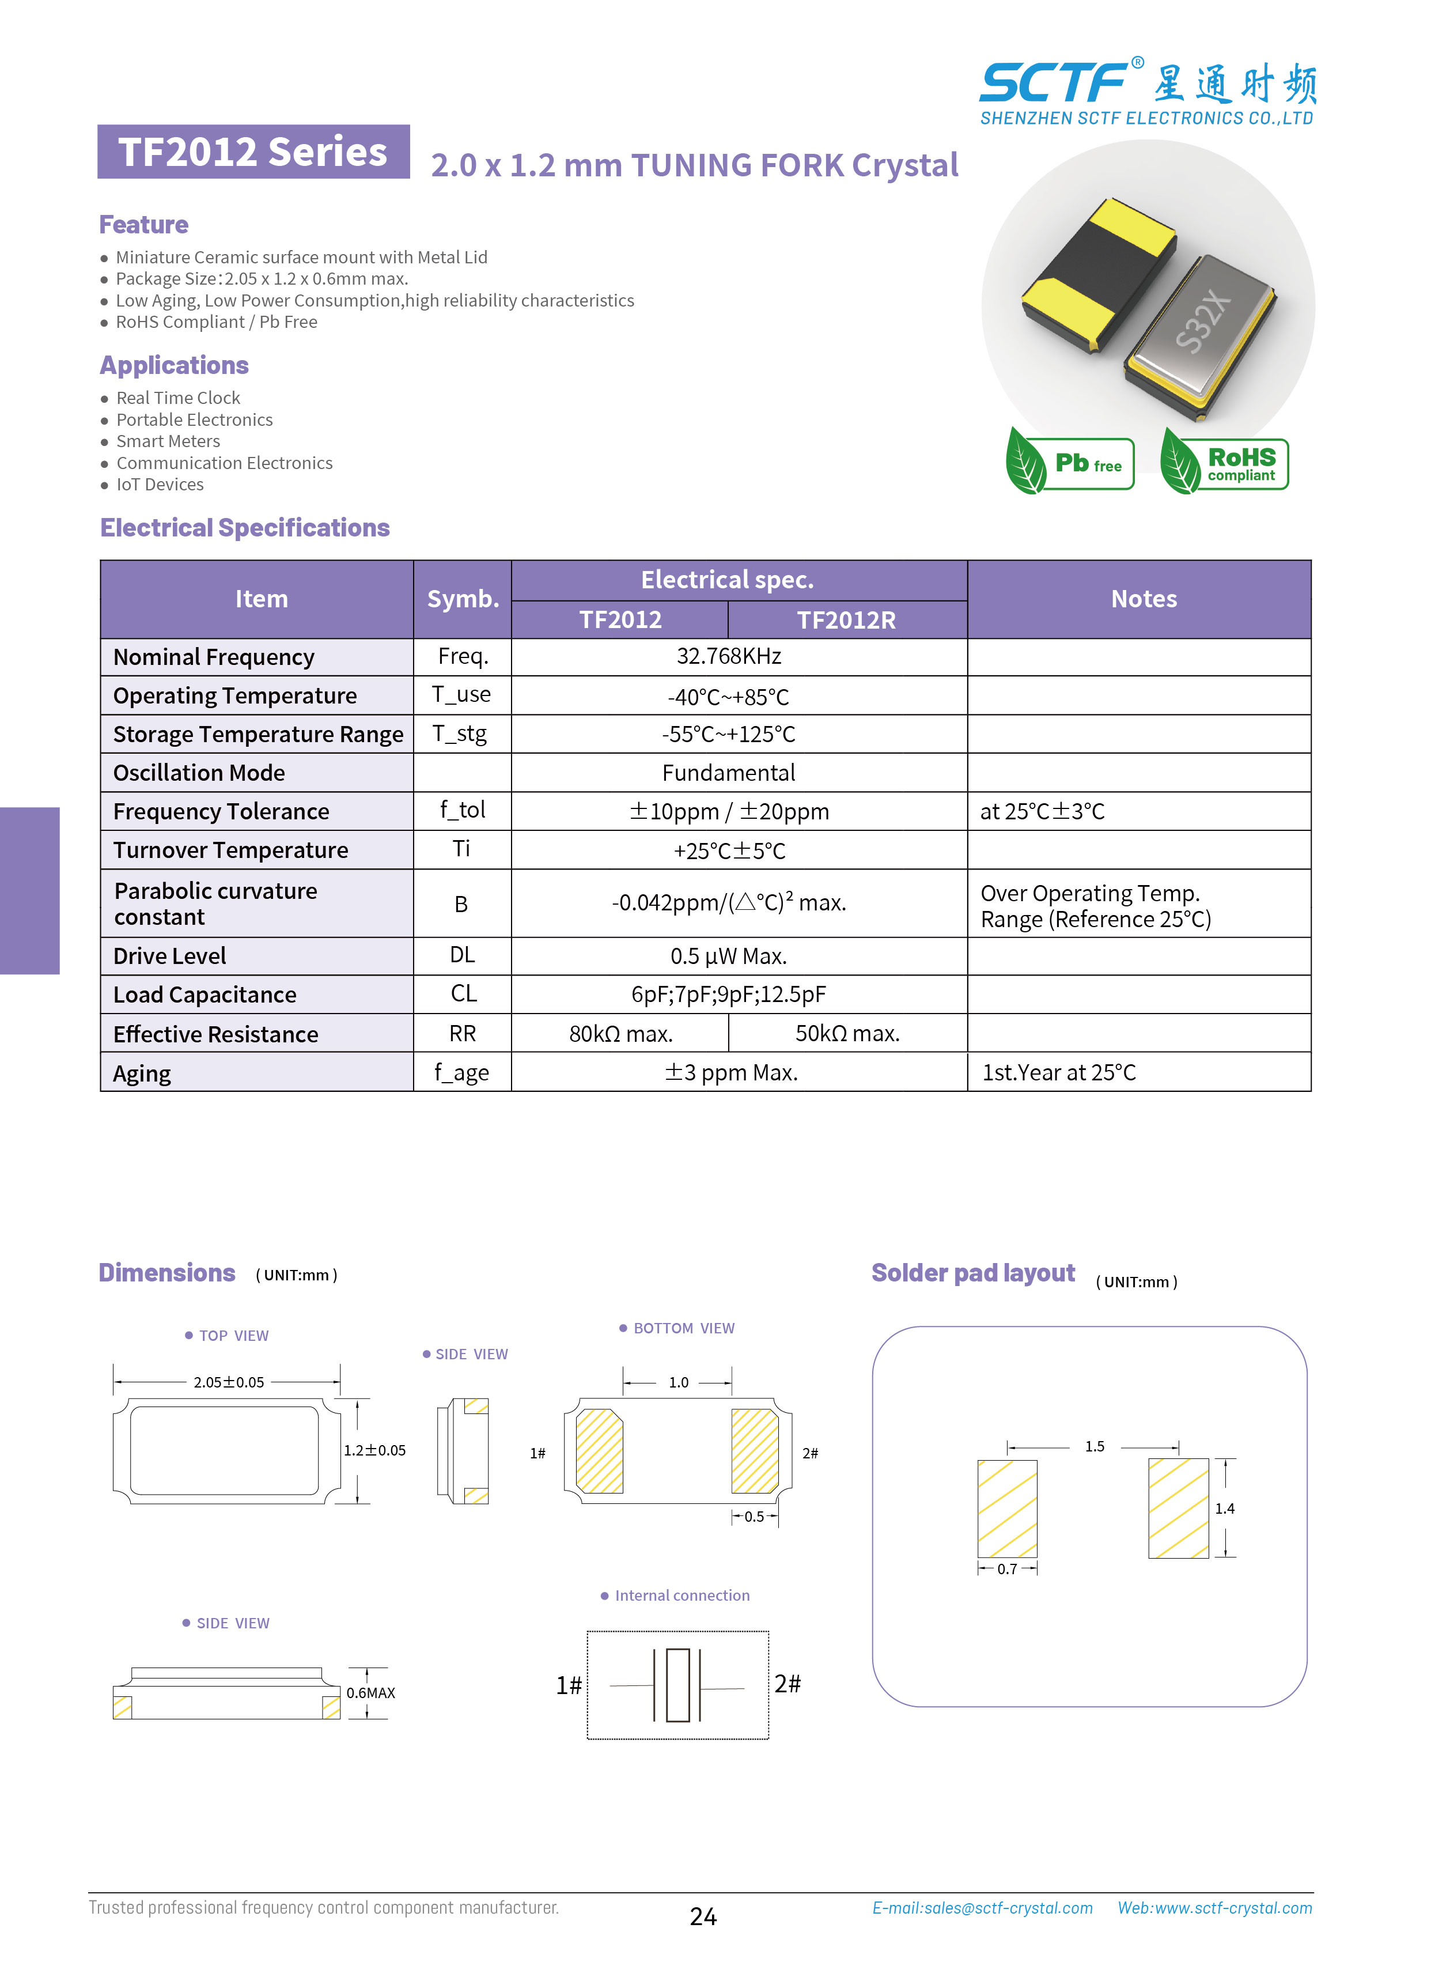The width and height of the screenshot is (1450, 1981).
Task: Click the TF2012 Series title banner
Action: click(x=253, y=152)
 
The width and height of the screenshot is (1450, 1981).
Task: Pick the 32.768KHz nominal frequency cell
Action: click(x=729, y=656)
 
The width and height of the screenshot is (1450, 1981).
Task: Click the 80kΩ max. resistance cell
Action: click(x=620, y=1034)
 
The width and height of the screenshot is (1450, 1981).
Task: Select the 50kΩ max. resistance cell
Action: click(x=847, y=1034)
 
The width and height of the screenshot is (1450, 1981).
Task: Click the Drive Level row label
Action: click(x=169, y=956)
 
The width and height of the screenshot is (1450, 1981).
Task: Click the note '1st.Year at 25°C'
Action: click(x=1058, y=1072)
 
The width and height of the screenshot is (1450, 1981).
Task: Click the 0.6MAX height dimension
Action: click(x=370, y=1693)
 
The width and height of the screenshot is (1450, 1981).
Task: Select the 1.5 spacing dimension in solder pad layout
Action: click(x=1095, y=1446)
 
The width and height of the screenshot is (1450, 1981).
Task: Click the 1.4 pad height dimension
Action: click(x=1224, y=1509)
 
